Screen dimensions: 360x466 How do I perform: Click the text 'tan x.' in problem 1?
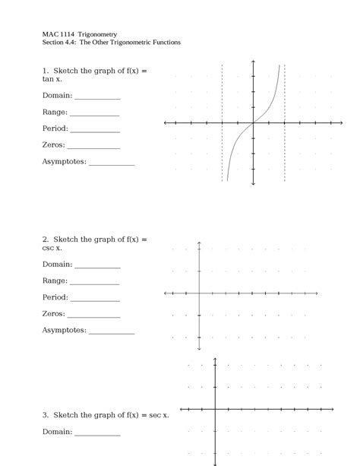[x=52, y=79]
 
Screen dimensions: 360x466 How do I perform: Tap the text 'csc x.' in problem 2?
[x=52, y=248]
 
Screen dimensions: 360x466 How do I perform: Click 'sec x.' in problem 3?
[x=159, y=415]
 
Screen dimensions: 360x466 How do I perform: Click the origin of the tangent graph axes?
[x=253, y=122]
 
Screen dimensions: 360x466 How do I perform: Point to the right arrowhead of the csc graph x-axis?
[x=316, y=293]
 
